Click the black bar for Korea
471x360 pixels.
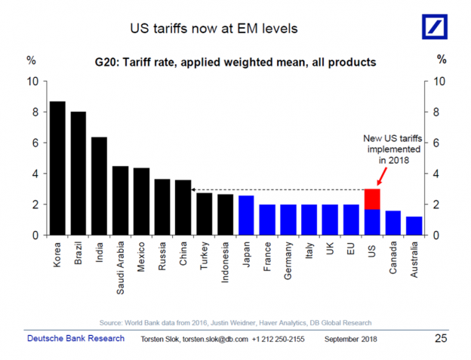[x=57, y=168]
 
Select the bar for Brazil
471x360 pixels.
[x=78, y=174]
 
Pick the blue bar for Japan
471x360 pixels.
[x=246, y=216]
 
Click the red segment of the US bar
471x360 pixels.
[x=372, y=199]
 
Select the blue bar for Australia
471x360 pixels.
[x=414, y=226]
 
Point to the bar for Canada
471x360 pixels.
[x=392, y=223]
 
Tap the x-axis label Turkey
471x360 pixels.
[x=205, y=257]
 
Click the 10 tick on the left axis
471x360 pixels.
[x=31, y=82]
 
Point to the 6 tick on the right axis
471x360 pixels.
[x=441, y=143]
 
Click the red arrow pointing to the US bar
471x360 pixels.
[x=380, y=178]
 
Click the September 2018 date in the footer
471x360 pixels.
[x=352, y=339]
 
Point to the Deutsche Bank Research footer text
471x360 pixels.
[x=76, y=338]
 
